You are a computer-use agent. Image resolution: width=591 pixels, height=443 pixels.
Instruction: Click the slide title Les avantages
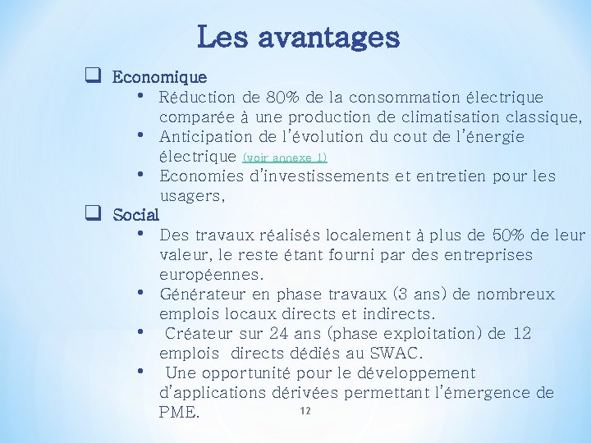tap(298, 37)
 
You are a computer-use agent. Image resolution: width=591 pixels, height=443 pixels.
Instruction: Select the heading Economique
tap(159, 78)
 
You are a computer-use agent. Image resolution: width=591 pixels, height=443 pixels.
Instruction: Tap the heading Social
tap(135, 216)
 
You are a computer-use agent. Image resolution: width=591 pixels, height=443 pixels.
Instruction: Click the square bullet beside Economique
tap(93, 76)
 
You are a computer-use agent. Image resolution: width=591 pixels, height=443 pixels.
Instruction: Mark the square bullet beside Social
tap(93, 214)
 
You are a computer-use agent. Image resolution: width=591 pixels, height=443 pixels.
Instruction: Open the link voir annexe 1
tap(285, 157)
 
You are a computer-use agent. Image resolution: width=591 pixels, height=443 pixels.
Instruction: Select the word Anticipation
tap(205, 137)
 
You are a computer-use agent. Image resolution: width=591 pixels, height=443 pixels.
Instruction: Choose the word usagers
tap(190, 196)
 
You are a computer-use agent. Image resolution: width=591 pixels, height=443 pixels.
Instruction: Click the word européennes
tap(211, 275)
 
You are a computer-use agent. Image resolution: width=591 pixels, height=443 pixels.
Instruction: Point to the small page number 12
tap(305, 409)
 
